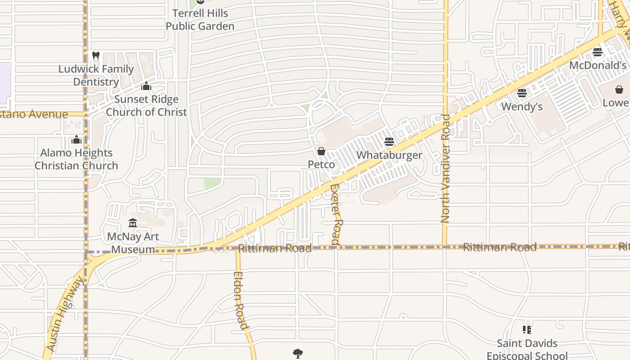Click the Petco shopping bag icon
coord(321,151)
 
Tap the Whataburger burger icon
coord(389,142)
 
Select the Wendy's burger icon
coord(522,93)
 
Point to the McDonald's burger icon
coord(598,52)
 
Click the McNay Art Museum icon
coord(133,223)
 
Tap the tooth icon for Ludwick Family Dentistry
coord(95,56)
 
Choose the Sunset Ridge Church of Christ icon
coord(146,86)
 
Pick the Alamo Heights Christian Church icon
coord(76,139)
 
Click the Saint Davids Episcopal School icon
coord(527,330)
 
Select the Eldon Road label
coord(241,300)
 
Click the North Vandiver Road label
coord(445,169)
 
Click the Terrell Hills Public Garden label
coord(200,20)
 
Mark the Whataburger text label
coord(389,155)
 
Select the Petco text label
coord(321,165)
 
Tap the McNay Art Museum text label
coord(133,243)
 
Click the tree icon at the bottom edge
coord(297,354)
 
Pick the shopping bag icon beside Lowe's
coord(619,90)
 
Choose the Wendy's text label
coord(522,107)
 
